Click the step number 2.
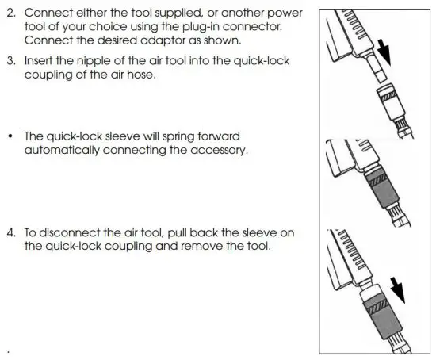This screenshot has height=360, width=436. pos(10,13)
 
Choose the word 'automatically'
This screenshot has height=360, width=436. pos(65,151)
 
